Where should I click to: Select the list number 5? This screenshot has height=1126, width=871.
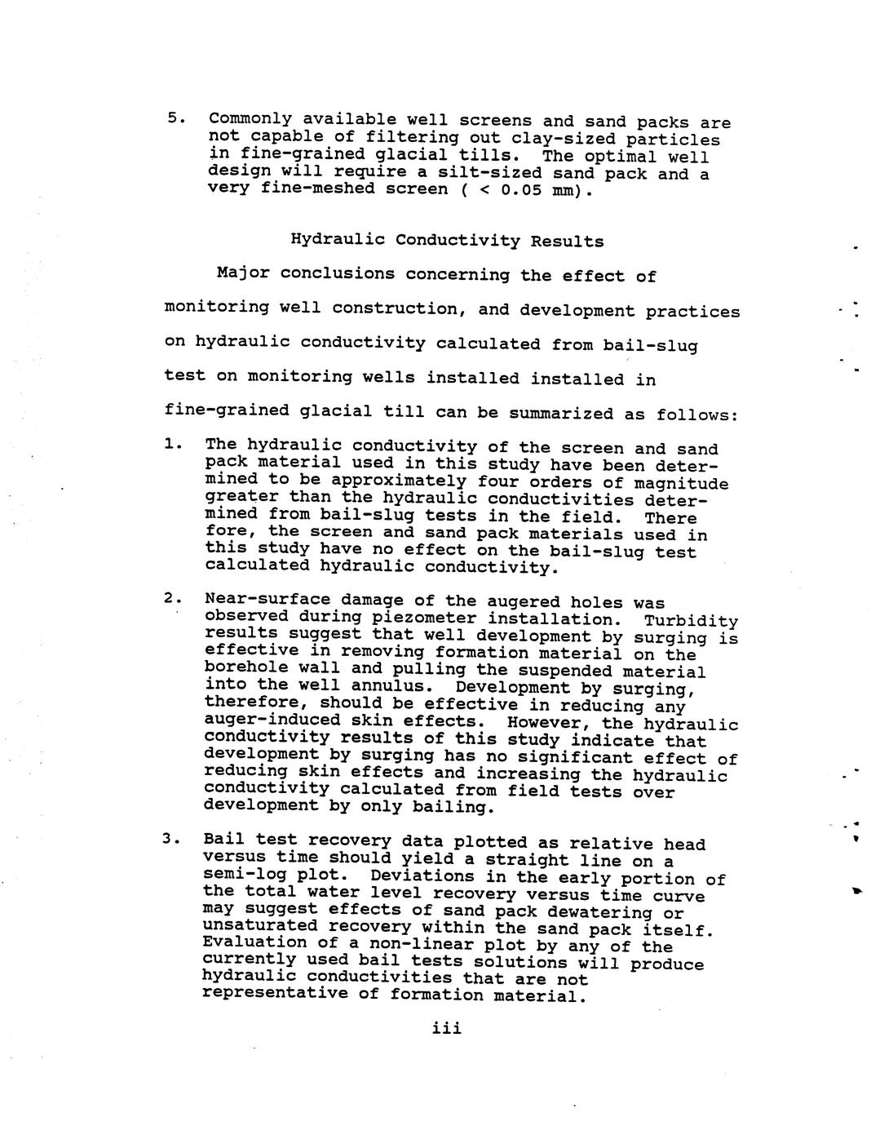pos(173,117)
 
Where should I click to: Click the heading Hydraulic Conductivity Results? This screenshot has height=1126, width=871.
pos(448,241)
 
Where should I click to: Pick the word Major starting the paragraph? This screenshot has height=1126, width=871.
pos(242,273)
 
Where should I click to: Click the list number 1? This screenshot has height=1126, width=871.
pos(170,445)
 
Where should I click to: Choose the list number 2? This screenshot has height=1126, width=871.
pos(170,599)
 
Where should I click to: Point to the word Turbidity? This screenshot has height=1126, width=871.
pos(691,621)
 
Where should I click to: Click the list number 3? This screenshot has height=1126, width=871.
pos(169,840)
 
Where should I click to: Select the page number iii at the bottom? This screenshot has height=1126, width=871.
pos(447,1028)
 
